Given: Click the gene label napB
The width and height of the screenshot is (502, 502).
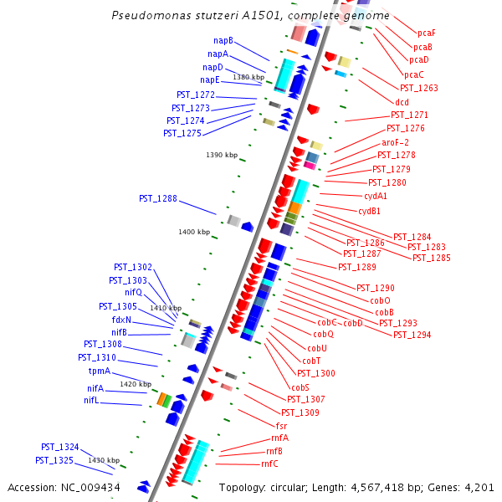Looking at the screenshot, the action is (223, 40).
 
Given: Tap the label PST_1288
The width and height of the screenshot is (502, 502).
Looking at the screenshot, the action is (158, 198).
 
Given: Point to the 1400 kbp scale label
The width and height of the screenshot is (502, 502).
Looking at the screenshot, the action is (194, 232).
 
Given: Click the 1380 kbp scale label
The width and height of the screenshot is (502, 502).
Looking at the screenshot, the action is (248, 77).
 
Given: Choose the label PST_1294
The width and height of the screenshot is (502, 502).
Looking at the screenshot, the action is (412, 335).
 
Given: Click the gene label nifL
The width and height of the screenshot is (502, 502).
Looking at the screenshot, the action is (91, 401).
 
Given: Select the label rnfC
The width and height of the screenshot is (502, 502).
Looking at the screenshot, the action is (269, 464).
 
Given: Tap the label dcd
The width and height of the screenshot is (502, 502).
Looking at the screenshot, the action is (402, 102).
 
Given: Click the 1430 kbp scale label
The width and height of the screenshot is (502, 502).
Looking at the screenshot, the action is (105, 460).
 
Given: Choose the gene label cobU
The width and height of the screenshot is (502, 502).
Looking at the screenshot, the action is (317, 348).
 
